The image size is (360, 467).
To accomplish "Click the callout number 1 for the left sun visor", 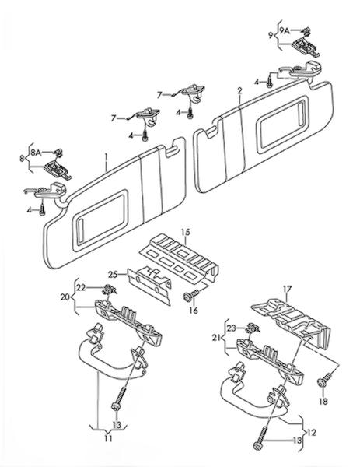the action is pyautogui.click(x=106, y=156).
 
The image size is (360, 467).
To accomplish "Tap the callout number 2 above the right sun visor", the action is pyautogui.click(x=239, y=90).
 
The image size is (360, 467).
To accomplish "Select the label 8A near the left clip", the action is pyautogui.click(x=36, y=153).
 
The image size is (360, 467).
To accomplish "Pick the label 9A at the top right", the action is pyautogui.click(x=285, y=30).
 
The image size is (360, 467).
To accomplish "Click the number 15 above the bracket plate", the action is pyautogui.click(x=186, y=232).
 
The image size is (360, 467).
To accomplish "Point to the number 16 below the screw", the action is pyautogui.click(x=194, y=311).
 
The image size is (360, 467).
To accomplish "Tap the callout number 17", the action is pyautogui.click(x=287, y=289).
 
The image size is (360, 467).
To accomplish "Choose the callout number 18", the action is pyautogui.click(x=323, y=401).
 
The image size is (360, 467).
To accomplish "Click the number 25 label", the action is pyautogui.click(x=113, y=274).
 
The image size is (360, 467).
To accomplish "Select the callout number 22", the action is pyautogui.click(x=81, y=287).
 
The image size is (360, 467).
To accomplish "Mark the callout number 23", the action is pyautogui.click(x=232, y=328).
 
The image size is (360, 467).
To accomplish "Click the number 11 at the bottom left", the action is pyautogui.click(x=108, y=438).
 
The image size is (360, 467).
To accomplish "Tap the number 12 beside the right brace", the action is pyautogui.click(x=311, y=432).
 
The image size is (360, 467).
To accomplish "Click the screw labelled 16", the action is pyautogui.click(x=190, y=295).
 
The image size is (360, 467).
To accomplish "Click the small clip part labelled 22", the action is pyautogui.click(x=109, y=289).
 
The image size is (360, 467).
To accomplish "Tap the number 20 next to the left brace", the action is pyautogui.click(x=65, y=297).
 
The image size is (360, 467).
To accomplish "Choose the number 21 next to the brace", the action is pyautogui.click(x=217, y=338).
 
